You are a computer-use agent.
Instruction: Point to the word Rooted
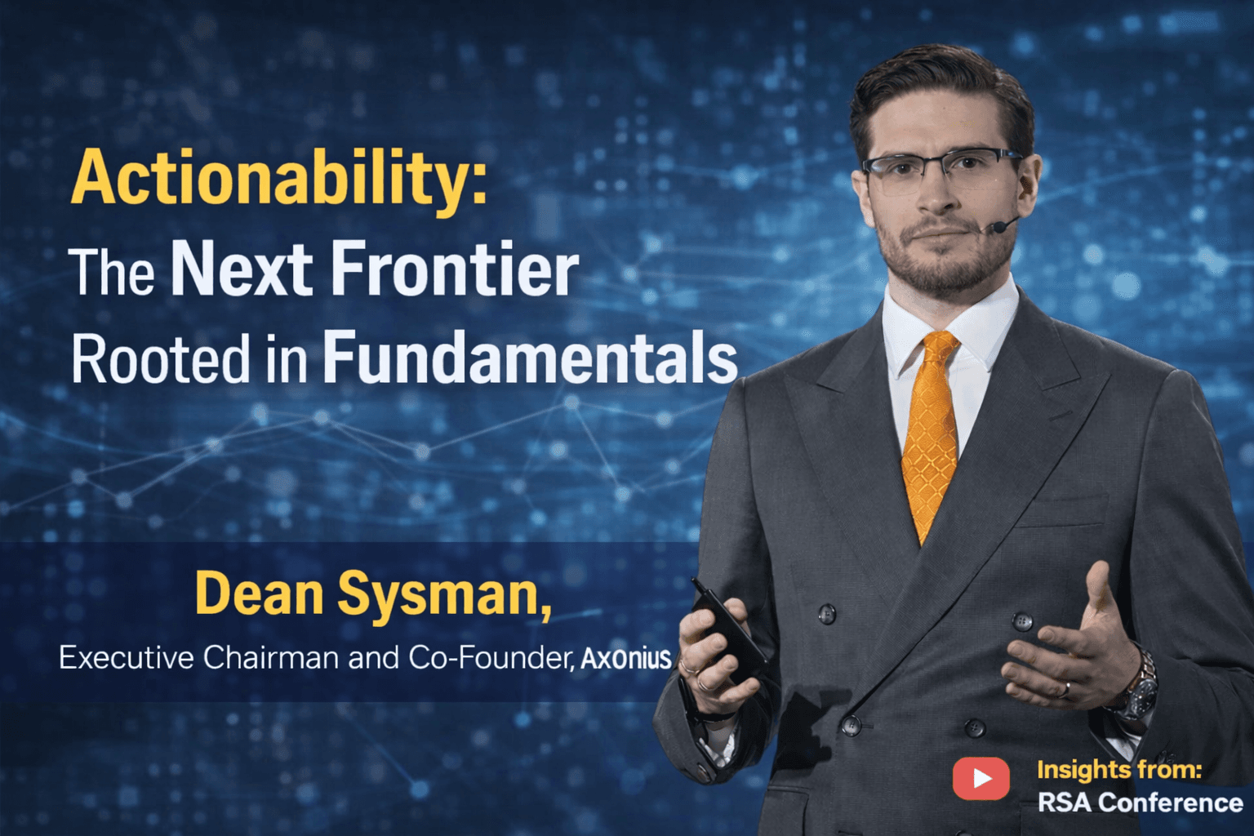point(160,359)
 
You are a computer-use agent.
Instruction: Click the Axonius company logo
point(626,658)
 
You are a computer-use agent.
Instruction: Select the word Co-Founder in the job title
point(491,657)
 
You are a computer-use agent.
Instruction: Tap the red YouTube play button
point(981,778)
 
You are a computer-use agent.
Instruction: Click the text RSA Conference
point(1140,803)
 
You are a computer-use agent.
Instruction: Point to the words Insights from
point(1118,769)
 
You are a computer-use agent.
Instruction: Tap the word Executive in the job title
point(126,658)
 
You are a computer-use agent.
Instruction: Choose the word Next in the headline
point(241,269)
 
